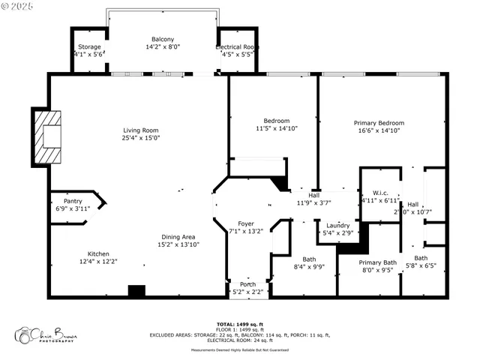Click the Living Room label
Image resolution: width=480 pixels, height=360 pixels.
click(x=141, y=130)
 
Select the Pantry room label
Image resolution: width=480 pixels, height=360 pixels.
click(x=73, y=201)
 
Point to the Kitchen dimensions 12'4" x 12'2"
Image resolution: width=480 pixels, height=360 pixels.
click(x=103, y=262)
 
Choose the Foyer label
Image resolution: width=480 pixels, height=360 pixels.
click(x=246, y=223)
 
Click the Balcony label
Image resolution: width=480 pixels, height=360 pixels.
click(x=163, y=40)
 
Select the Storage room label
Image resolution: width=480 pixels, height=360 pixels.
click(x=90, y=46)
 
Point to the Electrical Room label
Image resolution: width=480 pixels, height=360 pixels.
click(x=238, y=46)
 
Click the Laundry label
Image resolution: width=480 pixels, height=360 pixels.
click(x=338, y=225)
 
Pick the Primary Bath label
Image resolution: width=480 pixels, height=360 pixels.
click(x=377, y=262)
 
